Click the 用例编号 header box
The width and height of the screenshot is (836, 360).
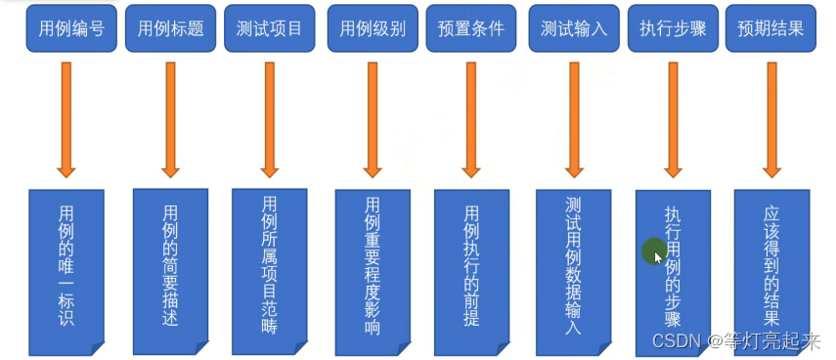coord(66,29)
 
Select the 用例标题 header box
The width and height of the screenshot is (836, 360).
coord(169,29)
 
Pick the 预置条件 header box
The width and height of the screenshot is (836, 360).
coord(471,29)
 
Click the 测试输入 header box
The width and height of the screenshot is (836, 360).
coord(574,29)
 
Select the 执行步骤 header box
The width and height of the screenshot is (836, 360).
coord(674,29)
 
